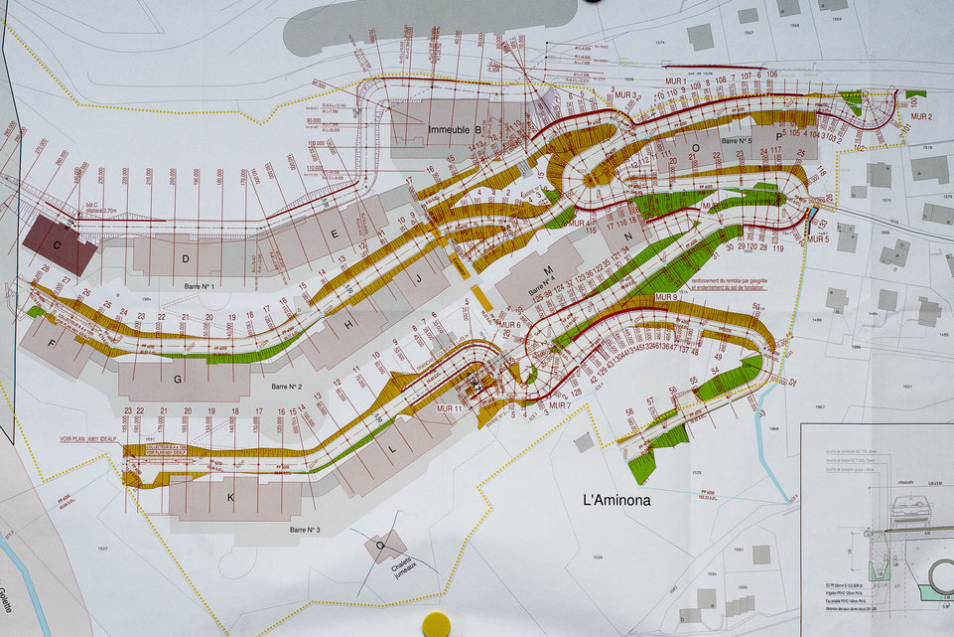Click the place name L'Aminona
coord(616,500)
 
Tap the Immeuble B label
coord(455,130)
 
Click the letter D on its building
coord(185,258)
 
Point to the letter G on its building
coord(178,379)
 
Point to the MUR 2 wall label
coord(922,116)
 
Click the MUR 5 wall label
coord(818,239)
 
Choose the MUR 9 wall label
coord(665,297)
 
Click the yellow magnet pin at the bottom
coord(436,624)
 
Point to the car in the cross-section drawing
coord(905,508)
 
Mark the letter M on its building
coord(546,269)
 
